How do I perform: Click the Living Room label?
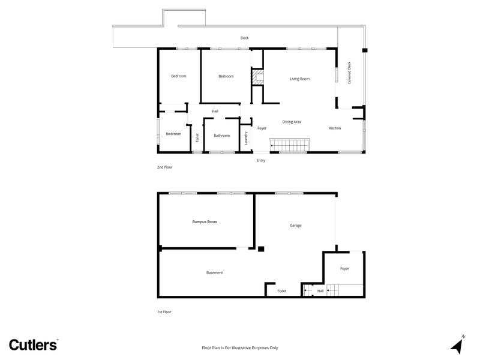tap(299, 79)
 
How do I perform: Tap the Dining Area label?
tap(292, 122)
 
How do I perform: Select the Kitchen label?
tap(335, 128)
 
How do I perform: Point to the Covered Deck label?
tap(349, 73)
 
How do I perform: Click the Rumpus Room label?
tap(205, 222)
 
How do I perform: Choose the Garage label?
tap(295, 226)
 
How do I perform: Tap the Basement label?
tap(214, 273)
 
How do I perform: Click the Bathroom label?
tap(221, 136)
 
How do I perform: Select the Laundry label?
tap(246, 139)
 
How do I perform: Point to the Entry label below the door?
tap(261, 160)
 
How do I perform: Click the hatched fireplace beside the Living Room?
tap(257, 77)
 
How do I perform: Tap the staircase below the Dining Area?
tap(289, 145)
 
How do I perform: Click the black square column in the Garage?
tap(261, 249)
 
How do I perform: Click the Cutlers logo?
tap(34, 344)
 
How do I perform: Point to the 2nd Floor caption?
tap(164, 167)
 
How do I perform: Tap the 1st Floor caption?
tap(164, 312)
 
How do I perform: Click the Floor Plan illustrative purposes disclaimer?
tap(239, 348)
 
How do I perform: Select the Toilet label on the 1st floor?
tap(281, 291)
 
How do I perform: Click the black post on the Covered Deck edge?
tap(365, 50)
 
